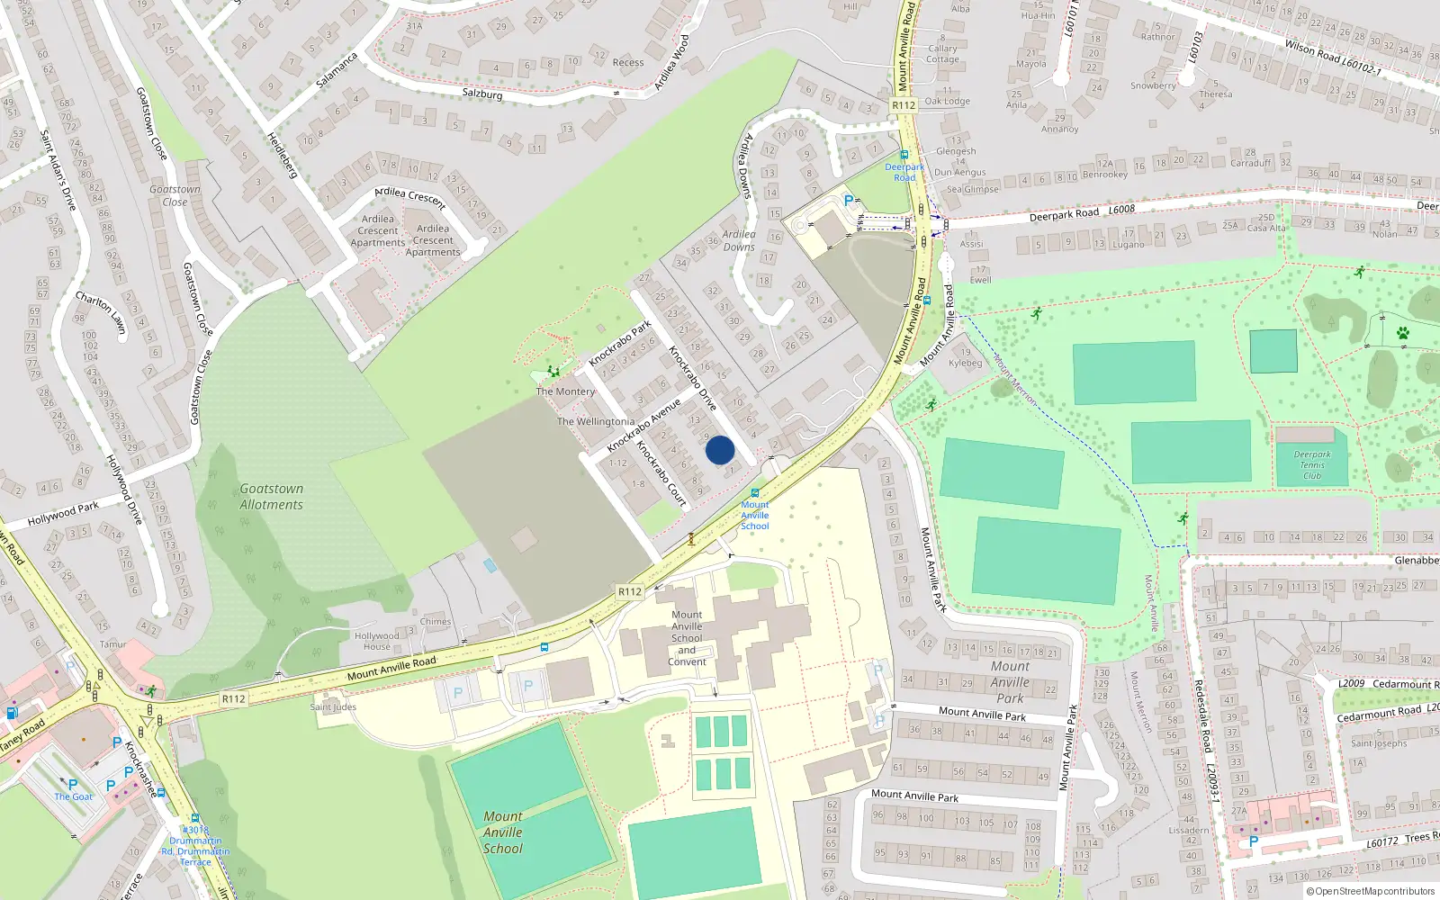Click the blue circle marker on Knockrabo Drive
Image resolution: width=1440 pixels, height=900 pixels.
click(x=720, y=450)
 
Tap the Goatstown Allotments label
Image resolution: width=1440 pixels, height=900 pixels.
click(x=271, y=497)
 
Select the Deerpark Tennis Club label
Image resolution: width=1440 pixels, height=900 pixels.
click(x=1312, y=464)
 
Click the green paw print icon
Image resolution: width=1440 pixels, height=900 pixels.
click(x=1402, y=334)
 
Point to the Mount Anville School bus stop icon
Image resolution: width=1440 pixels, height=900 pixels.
click(x=755, y=493)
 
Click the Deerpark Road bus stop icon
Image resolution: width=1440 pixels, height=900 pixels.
click(x=904, y=155)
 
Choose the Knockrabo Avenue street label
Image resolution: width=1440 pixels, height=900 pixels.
click(x=643, y=426)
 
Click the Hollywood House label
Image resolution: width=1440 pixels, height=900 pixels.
click(x=377, y=641)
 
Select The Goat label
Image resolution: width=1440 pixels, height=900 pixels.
click(x=74, y=796)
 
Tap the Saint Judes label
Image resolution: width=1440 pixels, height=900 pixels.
click(x=333, y=707)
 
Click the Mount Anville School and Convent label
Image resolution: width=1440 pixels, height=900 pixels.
click(x=687, y=638)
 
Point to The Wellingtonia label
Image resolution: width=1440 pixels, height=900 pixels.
click(x=596, y=421)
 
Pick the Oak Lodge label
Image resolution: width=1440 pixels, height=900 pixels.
click(x=948, y=101)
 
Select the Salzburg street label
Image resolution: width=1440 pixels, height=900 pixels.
click(x=482, y=94)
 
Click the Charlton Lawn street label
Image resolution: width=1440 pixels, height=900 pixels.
click(x=100, y=312)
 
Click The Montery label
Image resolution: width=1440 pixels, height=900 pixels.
click(x=565, y=391)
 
